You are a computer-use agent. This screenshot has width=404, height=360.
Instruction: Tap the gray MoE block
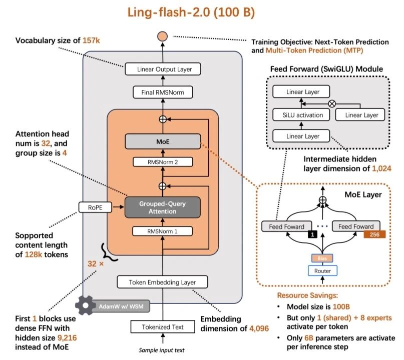click(x=163, y=141)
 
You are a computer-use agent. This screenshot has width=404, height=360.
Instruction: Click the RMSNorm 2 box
click(x=163, y=162)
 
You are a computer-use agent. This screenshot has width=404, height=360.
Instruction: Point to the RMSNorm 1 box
click(x=163, y=231)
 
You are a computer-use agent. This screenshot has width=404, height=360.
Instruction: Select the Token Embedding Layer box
click(x=163, y=282)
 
